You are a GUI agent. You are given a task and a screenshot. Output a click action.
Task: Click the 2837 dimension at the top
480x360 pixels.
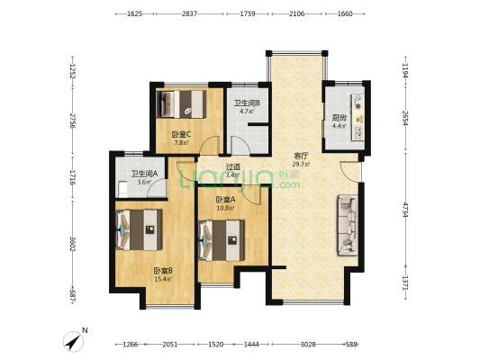coord(189,13)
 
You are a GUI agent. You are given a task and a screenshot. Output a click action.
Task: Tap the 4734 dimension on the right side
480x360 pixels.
coord(405,210)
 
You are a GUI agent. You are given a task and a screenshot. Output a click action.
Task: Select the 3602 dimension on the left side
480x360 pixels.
coord(73,244)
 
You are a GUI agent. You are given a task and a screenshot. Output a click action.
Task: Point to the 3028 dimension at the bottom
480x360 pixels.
coord(308,345)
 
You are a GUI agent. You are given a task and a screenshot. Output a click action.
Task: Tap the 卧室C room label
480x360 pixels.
coord(181,134)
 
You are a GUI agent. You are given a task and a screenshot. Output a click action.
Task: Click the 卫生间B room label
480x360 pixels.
coord(247,103)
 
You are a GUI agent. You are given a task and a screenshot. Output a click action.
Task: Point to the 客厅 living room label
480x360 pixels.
coord(300,157)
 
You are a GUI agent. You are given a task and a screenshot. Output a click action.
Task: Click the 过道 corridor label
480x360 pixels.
coord(233,167)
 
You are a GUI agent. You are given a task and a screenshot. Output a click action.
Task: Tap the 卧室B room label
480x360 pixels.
coord(163,271)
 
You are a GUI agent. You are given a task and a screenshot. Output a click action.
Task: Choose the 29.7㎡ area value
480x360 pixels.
coord(301,164)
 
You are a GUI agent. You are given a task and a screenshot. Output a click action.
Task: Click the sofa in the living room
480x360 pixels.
coord(348,225)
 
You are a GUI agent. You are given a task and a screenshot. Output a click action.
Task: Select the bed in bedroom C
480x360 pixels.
coord(181,104)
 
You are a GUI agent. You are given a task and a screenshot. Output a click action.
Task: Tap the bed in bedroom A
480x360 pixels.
coord(222,240)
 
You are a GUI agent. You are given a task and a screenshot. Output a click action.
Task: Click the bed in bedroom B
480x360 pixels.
coord(139,229)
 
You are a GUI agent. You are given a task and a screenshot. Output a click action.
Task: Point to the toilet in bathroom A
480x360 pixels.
coord(122,189)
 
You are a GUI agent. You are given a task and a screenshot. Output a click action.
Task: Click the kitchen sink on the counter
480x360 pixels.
coord(358,132)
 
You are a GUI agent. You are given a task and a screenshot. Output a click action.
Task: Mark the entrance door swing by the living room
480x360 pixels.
coord(350,171)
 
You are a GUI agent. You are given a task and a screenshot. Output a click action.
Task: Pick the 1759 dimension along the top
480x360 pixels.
coord(248,13)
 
